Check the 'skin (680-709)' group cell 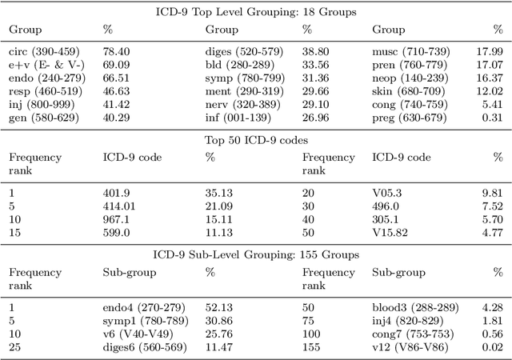[406, 90]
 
